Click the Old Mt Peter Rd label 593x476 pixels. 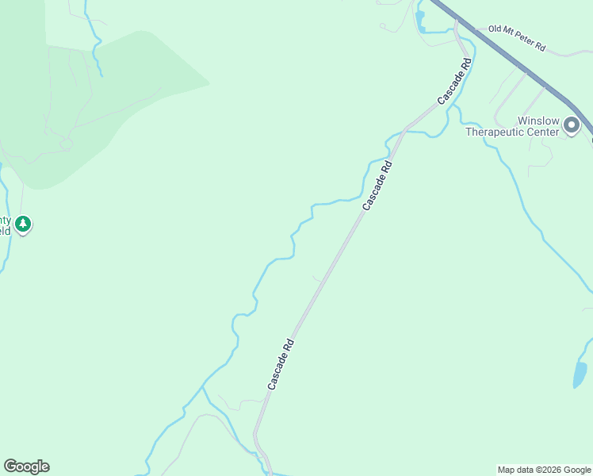(517, 38)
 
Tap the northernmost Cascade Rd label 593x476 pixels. (456, 80)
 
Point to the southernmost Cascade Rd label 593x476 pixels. (281, 364)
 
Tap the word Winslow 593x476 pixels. (538, 121)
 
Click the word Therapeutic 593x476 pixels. (496, 132)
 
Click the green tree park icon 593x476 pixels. (24, 224)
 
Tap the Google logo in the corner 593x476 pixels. (26, 466)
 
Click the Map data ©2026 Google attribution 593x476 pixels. (544, 470)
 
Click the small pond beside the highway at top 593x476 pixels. (419, 21)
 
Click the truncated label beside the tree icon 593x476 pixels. (6, 225)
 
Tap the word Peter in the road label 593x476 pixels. (524, 41)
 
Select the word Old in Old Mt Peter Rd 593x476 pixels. (496, 29)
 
